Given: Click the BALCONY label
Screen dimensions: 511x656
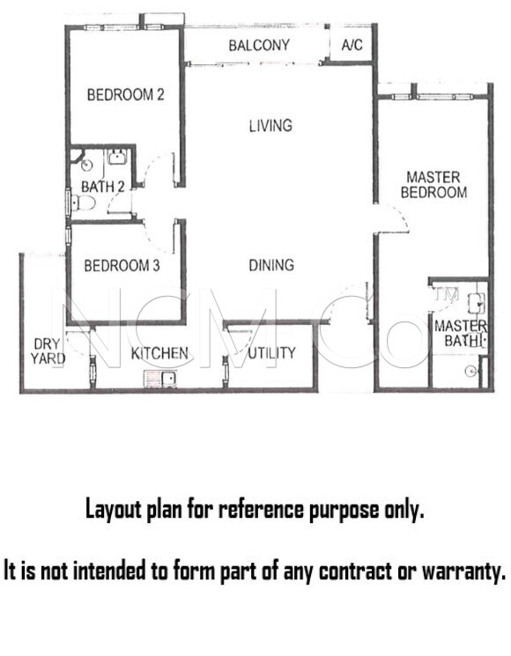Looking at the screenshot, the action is pos(259,45).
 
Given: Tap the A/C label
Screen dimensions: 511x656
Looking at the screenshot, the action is pos(352,45).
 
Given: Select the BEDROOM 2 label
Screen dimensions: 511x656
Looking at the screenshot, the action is pos(126,95).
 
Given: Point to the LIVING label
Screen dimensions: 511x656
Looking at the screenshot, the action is pos(270,126).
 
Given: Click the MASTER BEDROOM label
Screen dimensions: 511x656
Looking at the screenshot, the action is pos(433,185).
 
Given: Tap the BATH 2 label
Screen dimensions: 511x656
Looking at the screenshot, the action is pos(103,187).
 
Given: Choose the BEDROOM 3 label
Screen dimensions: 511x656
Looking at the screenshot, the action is pos(122,266).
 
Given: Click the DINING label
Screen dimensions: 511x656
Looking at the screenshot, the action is pos(271,265).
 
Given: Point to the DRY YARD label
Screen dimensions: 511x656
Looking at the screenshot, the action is pos(48,351).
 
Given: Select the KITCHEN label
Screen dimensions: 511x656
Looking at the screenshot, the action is pos(159,353).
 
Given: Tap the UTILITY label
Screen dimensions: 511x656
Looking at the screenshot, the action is pos(271,353).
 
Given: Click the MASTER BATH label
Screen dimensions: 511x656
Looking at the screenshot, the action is pos(461,334).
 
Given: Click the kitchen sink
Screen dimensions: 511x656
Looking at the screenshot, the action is pos(160,379).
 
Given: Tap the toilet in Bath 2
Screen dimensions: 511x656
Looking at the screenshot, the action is pos(83,203).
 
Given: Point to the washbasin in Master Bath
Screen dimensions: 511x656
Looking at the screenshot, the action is pos(477,303).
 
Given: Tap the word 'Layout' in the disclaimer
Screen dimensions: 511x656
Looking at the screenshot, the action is pos(110,510).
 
